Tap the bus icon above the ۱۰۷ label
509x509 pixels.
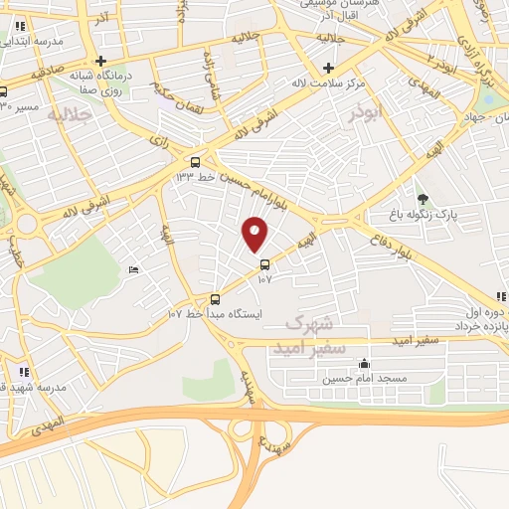(264, 264)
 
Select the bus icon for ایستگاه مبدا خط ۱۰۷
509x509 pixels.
(216, 299)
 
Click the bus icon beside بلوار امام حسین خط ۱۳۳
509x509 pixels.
(195, 162)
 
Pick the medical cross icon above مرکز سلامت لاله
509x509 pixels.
(329, 69)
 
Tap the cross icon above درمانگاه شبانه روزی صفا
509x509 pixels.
(101, 61)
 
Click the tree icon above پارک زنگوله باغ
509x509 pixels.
(422, 200)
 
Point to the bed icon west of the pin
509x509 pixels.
(134, 270)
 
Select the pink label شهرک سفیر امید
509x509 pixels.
(315, 337)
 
